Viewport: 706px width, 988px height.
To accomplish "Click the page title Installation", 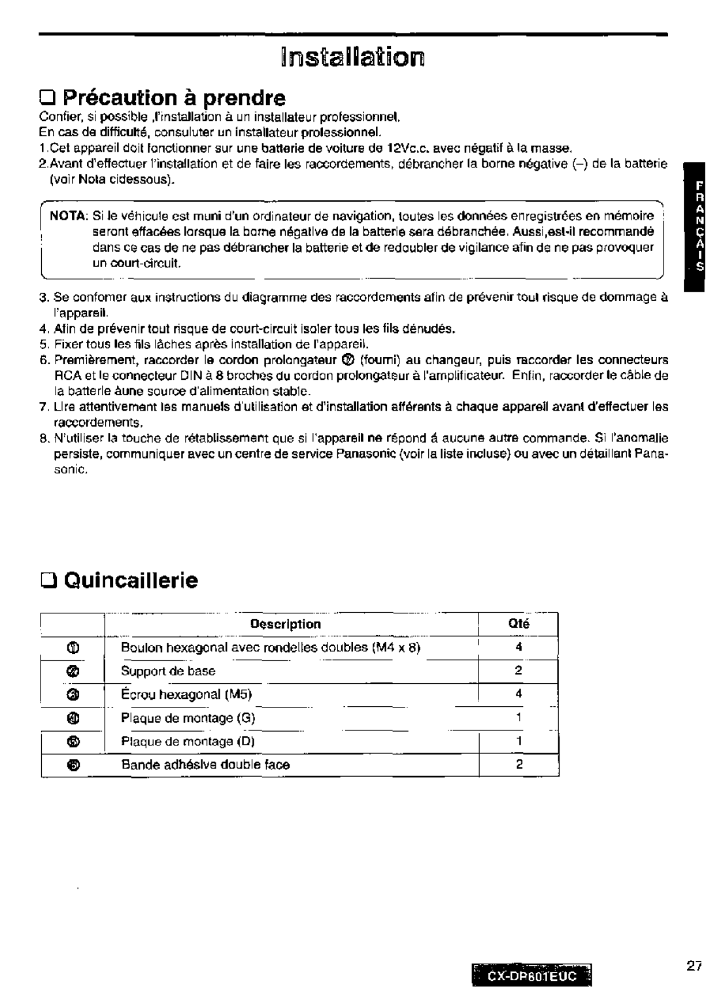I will coord(352,58).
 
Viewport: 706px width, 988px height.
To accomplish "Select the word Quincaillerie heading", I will coord(130,580).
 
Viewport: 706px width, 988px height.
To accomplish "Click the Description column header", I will coord(286,624).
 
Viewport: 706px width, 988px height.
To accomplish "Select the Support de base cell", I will coord(168,671).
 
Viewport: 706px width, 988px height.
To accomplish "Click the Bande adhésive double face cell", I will coord(205,764).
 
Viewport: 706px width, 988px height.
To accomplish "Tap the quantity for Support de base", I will coord(518,671).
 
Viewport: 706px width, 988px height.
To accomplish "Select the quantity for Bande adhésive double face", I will coord(518,764).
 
